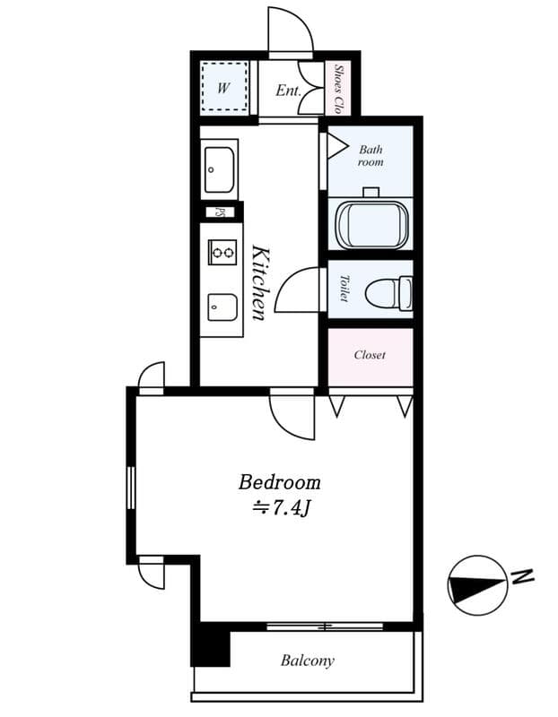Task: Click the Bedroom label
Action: tap(279, 482)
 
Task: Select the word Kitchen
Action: tap(258, 282)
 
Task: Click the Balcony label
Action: tap(307, 661)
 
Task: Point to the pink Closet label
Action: tap(370, 355)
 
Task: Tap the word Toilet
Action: tap(344, 288)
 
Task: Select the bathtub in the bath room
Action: tap(370, 221)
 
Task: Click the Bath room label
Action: tap(371, 156)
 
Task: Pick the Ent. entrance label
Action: tap(287, 91)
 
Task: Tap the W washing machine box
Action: tap(223, 88)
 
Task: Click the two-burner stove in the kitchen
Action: tap(222, 253)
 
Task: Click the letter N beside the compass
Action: tap(522, 575)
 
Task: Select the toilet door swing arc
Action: tap(297, 289)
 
